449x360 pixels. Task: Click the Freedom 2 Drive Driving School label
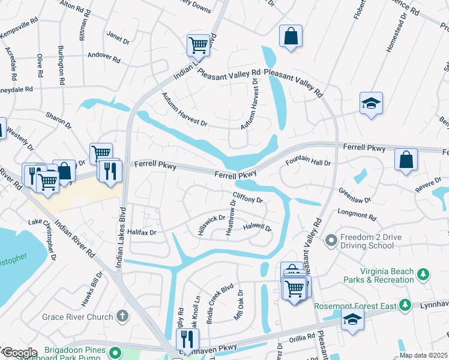pos(371,241)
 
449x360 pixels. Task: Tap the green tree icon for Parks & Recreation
pos(424,275)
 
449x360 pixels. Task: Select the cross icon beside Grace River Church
pos(122,316)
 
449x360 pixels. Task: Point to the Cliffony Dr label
pos(248,197)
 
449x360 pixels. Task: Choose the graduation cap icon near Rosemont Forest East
pos(352,320)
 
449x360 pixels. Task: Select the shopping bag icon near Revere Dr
pos(406,160)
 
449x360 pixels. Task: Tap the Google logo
pos(19,353)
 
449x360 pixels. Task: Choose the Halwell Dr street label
pos(257,228)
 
